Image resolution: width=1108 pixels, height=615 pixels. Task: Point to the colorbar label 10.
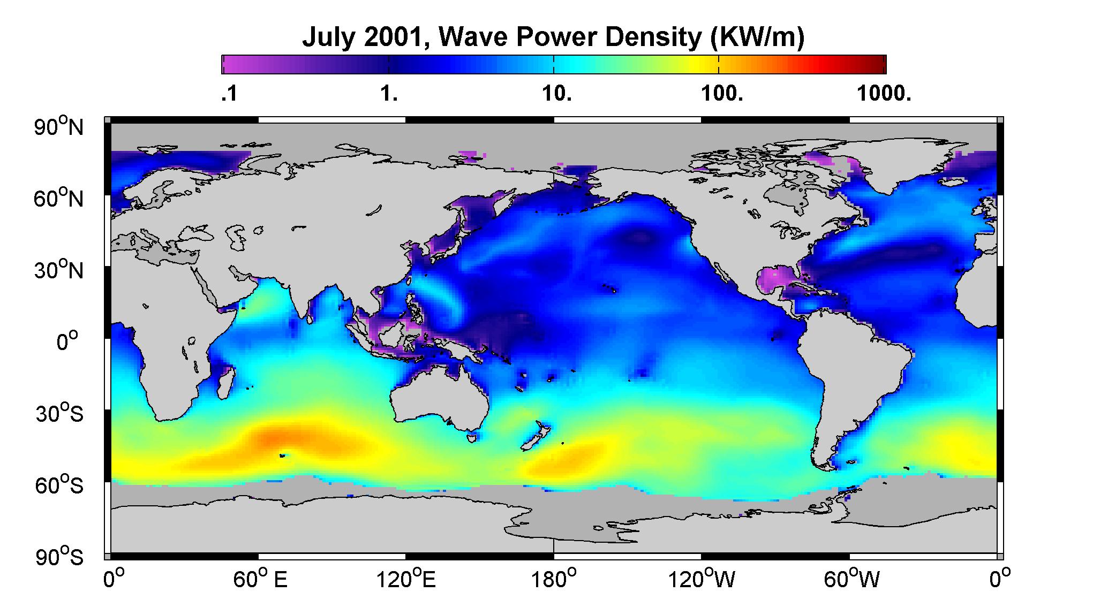pyautogui.click(x=557, y=95)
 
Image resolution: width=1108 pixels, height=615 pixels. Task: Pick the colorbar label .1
pyautogui.click(x=229, y=95)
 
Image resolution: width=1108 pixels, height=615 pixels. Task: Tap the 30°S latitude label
pyautogui.click(x=59, y=413)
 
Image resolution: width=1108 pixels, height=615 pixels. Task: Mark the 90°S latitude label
pyautogui.click(x=59, y=557)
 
